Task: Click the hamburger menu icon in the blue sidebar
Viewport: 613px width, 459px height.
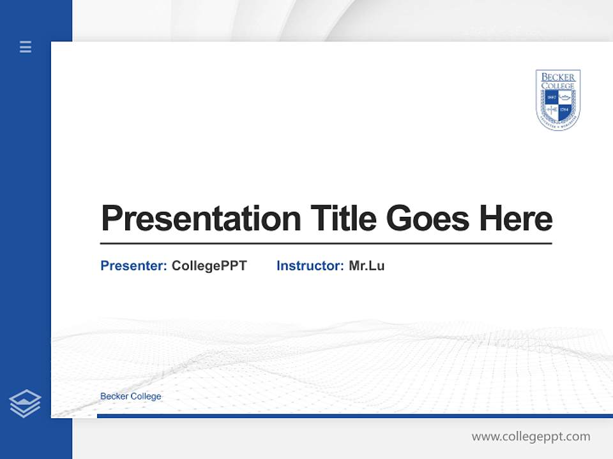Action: (x=26, y=47)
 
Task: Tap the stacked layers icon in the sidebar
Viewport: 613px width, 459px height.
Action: (x=25, y=404)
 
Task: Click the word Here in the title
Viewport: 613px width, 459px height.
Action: (x=515, y=218)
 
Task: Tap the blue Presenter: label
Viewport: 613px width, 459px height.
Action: (x=133, y=266)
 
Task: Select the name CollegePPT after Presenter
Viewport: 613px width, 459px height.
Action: (x=209, y=266)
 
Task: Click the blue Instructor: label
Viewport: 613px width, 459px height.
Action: (x=310, y=266)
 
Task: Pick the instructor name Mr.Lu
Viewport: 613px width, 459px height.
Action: (x=367, y=266)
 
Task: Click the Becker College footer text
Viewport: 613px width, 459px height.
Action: (x=131, y=397)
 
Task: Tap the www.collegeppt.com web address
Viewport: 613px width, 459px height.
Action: (x=531, y=437)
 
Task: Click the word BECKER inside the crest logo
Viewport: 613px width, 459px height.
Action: (x=558, y=77)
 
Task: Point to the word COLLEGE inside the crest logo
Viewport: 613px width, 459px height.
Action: (x=558, y=85)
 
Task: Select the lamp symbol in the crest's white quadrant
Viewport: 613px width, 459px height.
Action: (x=565, y=97)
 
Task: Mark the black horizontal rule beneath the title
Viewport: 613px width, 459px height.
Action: (x=326, y=243)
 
